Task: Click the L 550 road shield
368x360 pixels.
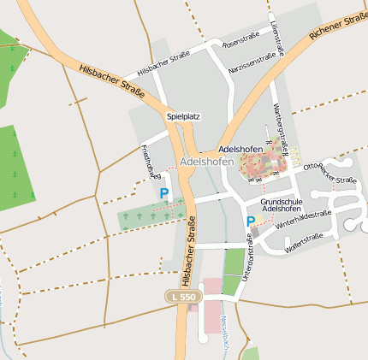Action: (x=183, y=296)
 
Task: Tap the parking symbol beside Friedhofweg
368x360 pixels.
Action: (x=163, y=194)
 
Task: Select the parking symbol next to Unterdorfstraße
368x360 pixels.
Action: (x=251, y=221)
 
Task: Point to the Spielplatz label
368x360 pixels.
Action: (x=183, y=115)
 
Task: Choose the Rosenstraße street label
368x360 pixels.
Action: (x=240, y=40)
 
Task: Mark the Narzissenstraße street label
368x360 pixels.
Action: (x=252, y=58)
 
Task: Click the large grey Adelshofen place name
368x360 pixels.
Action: (x=206, y=162)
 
